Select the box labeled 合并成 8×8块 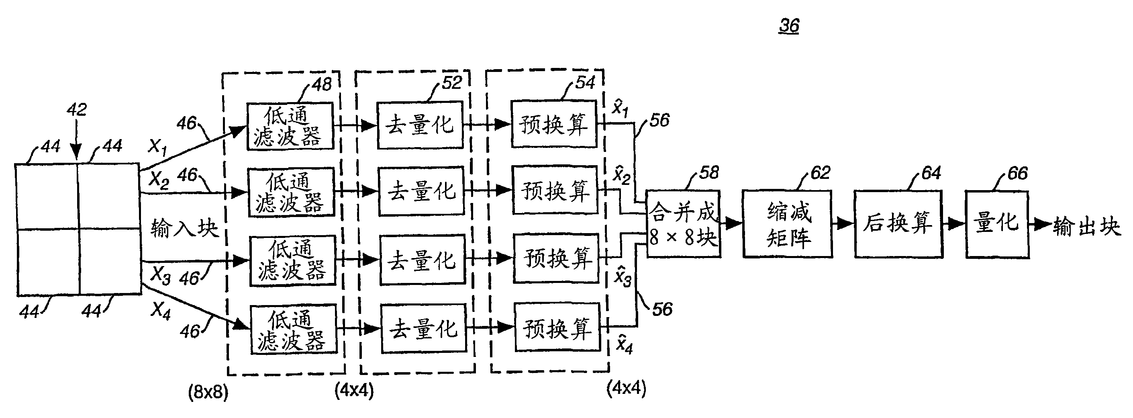tap(683, 224)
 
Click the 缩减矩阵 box tap(787, 224)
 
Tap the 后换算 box tap(898, 224)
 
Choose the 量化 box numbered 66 tap(997, 224)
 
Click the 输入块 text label tap(184, 228)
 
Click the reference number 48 tap(322, 84)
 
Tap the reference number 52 tap(452, 83)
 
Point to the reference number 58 tap(709, 172)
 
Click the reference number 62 tap(820, 172)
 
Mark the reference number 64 tap(931, 172)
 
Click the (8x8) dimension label tap(208, 392)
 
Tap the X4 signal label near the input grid tap(161, 311)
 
